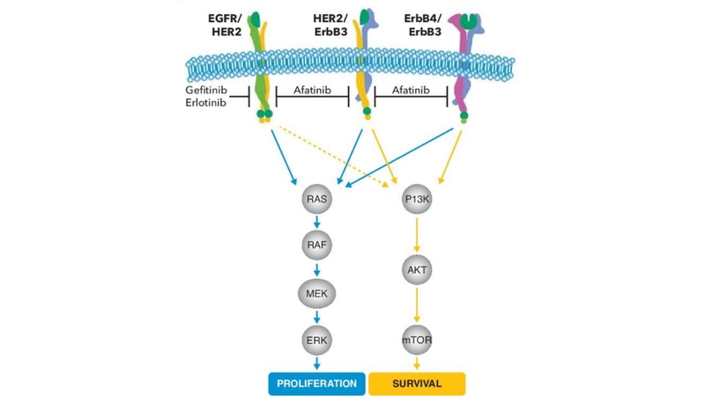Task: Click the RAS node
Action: click(316, 200)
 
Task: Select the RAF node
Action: click(316, 246)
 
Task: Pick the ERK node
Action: click(316, 338)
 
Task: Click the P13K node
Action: click(416, 200)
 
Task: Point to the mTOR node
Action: click(416, 338)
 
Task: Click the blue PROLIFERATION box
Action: click(317, 384)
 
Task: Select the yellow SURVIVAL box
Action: click(416, 384)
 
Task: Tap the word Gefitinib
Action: click(206, 91)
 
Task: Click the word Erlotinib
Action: click(206, 106)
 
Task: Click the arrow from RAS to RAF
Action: click(316, 223)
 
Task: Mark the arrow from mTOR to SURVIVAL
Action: click(416, 363)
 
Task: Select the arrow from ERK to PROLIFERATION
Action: click(316, 363)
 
